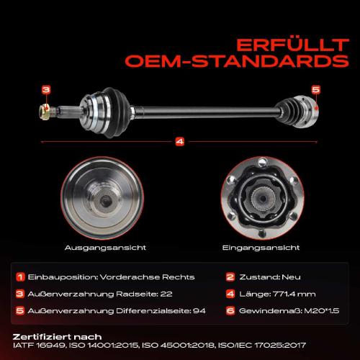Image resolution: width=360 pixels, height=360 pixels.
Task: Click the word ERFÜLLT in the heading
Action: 292,45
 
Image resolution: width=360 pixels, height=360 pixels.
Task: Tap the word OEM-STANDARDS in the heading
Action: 237,61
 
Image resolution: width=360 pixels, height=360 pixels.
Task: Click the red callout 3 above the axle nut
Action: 46,90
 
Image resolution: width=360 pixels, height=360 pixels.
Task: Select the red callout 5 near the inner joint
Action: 316,90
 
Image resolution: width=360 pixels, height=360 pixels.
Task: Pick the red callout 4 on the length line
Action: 180,142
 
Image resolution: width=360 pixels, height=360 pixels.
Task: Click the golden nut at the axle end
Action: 45,112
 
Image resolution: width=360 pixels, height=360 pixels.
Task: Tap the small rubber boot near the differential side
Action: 287,112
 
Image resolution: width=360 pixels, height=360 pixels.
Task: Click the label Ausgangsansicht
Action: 105,248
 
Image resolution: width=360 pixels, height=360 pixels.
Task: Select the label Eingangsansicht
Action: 261,248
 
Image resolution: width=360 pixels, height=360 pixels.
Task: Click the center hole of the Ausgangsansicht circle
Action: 105,200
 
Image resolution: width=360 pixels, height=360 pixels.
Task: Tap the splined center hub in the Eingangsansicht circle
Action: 263,198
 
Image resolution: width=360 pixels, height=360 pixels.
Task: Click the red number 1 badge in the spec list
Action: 20,277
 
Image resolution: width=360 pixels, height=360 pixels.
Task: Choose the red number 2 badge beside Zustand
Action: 230,277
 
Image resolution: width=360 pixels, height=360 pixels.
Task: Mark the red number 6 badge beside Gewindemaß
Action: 230,311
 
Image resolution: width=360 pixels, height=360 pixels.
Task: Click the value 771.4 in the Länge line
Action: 282,294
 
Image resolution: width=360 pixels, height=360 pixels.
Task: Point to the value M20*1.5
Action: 322,311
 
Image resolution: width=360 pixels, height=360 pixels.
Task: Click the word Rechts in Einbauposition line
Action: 179,277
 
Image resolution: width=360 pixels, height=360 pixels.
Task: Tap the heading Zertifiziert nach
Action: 57,337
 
